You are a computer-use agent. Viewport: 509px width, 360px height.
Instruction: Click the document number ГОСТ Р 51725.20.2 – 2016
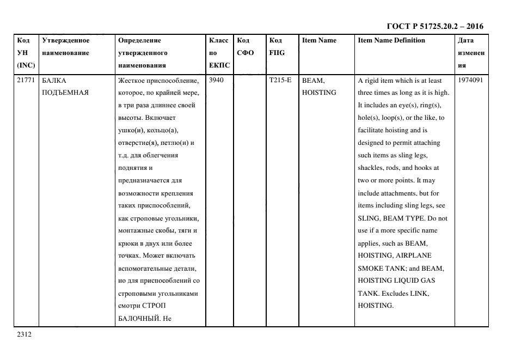click(434, 26)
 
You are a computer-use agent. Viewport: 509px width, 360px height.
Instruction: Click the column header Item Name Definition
click(391, 40)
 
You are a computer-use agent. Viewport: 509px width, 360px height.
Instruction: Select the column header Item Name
click(319, 40)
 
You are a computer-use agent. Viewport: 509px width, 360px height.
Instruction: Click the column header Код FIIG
click(276, 46)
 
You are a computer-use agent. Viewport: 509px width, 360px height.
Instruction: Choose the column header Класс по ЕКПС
click(219, 53)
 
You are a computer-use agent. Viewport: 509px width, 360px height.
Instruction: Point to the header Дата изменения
click(471, 53)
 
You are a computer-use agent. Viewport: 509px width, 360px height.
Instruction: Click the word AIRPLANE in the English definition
click(413, 255)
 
